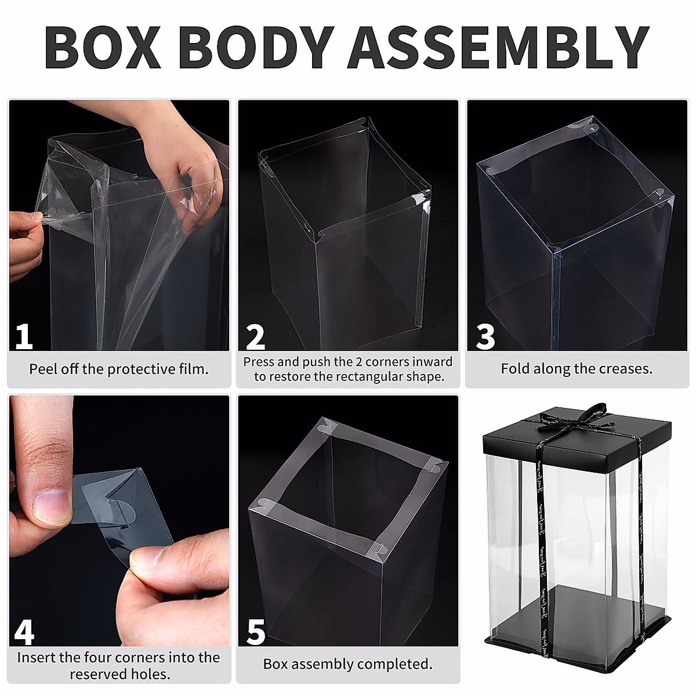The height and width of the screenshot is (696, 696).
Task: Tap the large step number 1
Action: pyautogui.click(x=24, y=336)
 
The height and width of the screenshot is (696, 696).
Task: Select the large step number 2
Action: pyautogui.click(x=255, y=336)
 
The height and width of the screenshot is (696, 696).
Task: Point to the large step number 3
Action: pyautogui.click(x=485, y=336)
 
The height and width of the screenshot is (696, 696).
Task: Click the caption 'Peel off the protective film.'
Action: pyautogui.click(x=119, y=369)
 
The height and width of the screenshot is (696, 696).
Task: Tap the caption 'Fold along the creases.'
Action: pyautogui.click(x=577, y=369)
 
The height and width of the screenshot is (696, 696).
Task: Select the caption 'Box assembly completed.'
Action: pyautogui.click(x=347, y=664)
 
